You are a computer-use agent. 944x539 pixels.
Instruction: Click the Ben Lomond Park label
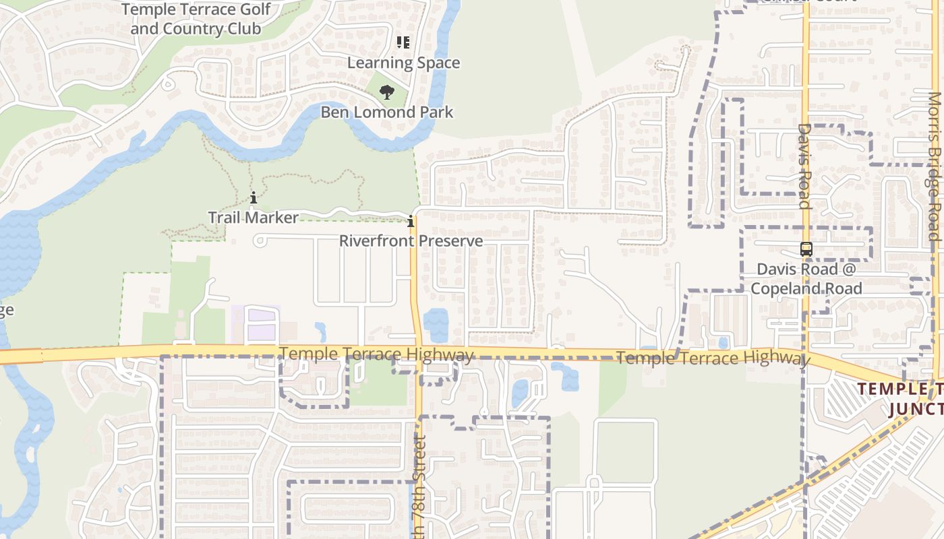tap(387, 112)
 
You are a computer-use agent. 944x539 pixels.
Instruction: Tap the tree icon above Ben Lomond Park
tap(386, 92)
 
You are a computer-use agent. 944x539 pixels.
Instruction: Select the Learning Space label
tap(403, 63)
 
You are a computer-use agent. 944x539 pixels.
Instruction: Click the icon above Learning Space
tap(403, 42)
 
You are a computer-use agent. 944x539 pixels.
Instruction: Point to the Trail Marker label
tap(253, 218)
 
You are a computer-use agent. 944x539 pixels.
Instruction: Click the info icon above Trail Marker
tap(253, 197)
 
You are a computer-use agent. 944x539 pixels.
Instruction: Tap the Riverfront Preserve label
tap(411, 241)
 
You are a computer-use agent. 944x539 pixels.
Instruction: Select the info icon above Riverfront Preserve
tap(410, 221)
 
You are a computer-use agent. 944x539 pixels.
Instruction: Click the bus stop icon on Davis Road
tap(806, 249)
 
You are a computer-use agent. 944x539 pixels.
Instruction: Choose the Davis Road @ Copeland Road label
tap(806, 279)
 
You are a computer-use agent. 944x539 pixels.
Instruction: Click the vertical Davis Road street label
tap(804, 165)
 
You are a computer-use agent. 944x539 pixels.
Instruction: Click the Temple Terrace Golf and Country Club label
tap(196, 19)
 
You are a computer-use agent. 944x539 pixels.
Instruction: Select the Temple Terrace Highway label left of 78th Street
tap(376, 354)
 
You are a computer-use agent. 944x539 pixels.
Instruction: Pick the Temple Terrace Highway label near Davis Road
tap(711, 358)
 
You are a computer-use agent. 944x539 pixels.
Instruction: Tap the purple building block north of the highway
tap(262, 324)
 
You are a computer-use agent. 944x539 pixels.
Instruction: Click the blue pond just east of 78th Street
tap(436, 324)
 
